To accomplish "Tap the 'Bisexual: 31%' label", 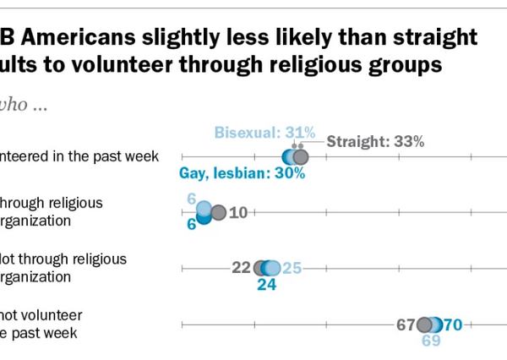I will click(264, 133).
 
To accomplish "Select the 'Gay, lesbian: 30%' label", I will click(242, 174).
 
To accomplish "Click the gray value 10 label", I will click(237, 213).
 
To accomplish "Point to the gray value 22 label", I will click(241, 268).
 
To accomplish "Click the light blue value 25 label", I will click(292, 268).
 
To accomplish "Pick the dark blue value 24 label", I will click(267, 285).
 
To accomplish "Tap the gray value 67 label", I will click(406, 325).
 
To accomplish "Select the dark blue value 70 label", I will click(452, 325).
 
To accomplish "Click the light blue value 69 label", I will click(431, 341).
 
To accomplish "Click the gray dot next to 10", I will click(218, 213).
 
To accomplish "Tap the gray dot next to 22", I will click(260, 268).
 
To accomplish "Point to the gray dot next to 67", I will click(424, 325).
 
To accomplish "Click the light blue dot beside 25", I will click(274, 268).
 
